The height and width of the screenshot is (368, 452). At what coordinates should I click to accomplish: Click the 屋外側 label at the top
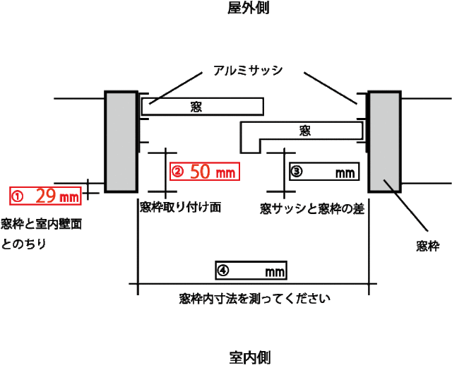pyautogui.click(x=248, y=8)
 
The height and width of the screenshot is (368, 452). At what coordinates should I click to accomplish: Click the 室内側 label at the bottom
pyautogui.click(x=250, y=358)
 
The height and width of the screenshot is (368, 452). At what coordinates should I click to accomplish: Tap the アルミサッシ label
pyautogui.click(x=248, y=71)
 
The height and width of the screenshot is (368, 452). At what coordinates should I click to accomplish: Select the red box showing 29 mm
pyautogui.click(x=45, y=196)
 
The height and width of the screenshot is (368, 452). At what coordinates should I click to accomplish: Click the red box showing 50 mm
pyautogui.click(x=205, y=172)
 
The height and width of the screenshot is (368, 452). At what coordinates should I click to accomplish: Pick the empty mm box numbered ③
pyautogui.click(x=324, y=172)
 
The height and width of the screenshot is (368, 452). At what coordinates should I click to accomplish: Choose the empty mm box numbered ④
pyautogui.click(x=251, y=271)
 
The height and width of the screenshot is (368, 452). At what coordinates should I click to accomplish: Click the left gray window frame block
pyautogui.click(x=121, y=141)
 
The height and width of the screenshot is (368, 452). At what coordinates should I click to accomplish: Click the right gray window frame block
pyautogui.click(x=384, y=141)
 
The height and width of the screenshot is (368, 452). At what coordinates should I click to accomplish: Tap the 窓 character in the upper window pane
pyautogui.click(x=196, y=107)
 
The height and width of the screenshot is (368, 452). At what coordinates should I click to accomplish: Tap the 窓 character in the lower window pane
pyautogui.click(x=304, y=131)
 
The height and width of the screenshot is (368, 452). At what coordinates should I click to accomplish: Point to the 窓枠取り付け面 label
pyautogui.click(x=181, y=207)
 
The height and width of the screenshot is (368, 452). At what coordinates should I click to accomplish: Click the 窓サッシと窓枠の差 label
pyautogui.click(x=312, y=209)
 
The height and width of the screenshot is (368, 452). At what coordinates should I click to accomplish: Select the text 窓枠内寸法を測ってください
pyautogui.click(x=254, y=299)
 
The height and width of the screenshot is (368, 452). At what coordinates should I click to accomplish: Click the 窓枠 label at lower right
pyautogui.click(x=428, y=247)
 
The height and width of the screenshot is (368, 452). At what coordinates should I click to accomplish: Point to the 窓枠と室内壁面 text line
pyautogui.click(x=42, y=224)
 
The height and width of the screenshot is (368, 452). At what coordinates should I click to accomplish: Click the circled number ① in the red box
pyautogui.click(x=17, y=196)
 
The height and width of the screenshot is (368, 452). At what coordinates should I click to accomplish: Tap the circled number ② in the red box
pyautogui.click(x=177, y=172)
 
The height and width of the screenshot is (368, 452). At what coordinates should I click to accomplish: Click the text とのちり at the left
pyautogui.click(x=23, y=244)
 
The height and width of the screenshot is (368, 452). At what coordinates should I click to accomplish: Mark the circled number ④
pyautogui.click(x=223, y=271)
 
